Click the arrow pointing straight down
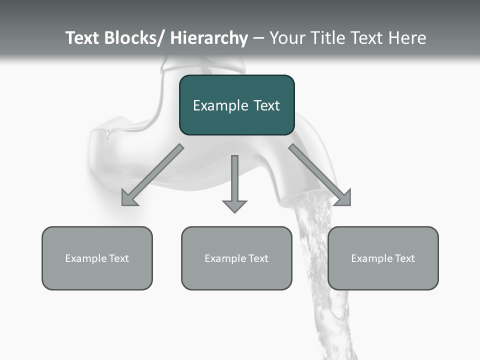coord(234,182)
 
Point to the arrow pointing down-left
coord(152,175)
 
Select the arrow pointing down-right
coord(320,175)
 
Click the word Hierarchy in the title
coord(209,38)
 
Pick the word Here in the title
coord(407,38)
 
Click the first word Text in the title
coord(83,38)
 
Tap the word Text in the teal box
coord(266,105)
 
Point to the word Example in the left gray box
coord(85,258)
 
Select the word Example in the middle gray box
coord(225,258)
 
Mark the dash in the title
coord(258,38)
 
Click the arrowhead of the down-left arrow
coord(128,199)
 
